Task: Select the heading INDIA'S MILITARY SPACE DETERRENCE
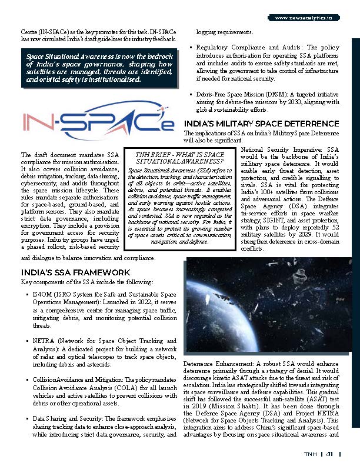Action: click(261, 124)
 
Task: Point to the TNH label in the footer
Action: click(310, 454)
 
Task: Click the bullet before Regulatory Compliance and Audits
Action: click(190, 46)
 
